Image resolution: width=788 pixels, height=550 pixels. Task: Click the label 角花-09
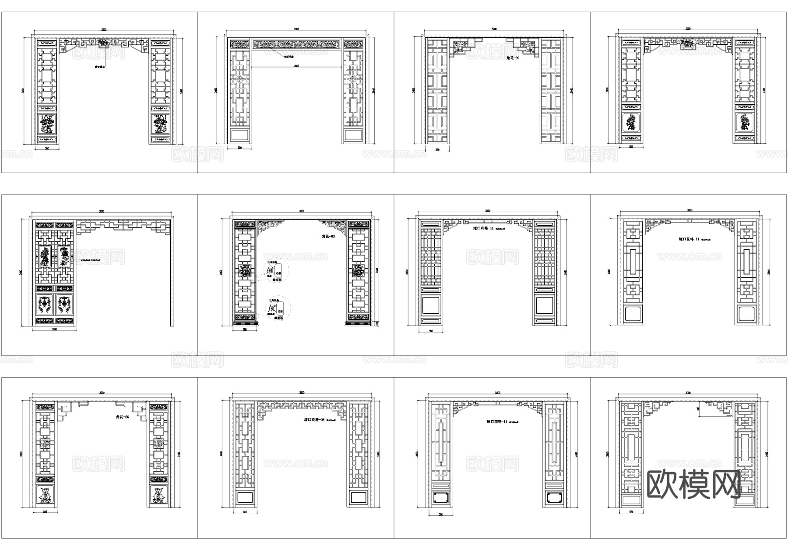tap(513, 58)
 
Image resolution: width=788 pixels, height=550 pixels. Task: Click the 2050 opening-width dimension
tap(296, 66)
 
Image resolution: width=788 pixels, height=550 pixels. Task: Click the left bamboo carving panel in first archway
tap(47, 124)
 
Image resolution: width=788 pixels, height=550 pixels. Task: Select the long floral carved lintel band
tap(296, 44)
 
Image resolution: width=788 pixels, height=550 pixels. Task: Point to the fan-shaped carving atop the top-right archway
tap(688, 43)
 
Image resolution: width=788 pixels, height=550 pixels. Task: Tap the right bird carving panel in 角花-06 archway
tap(158, 495)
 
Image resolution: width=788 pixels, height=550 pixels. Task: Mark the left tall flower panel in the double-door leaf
tap(44, 257)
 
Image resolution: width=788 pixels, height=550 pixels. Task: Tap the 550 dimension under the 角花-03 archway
tap(245, 329)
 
